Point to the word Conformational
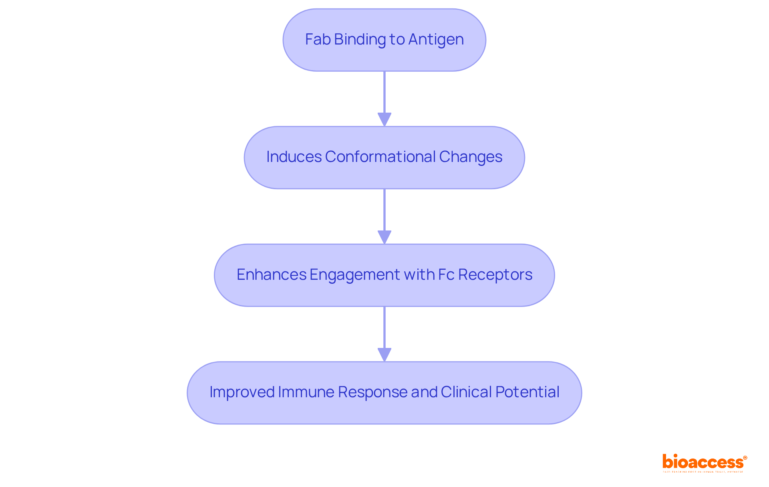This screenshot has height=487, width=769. coord(380,157)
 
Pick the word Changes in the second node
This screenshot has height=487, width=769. coord(471,157)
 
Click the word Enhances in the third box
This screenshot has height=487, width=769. coord(271,275)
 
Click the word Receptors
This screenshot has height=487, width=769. coord(495,275)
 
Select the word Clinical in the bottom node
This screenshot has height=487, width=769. coord(466,392)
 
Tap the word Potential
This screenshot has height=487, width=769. coord(527,392)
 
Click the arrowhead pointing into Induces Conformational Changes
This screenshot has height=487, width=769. coord(384,119)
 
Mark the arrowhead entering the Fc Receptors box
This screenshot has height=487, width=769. coord(384,237)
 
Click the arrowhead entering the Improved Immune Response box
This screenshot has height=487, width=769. coord(384,355)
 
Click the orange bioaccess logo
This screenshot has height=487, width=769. coord(703,462)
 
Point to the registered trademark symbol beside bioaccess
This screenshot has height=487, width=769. coord(745,458)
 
